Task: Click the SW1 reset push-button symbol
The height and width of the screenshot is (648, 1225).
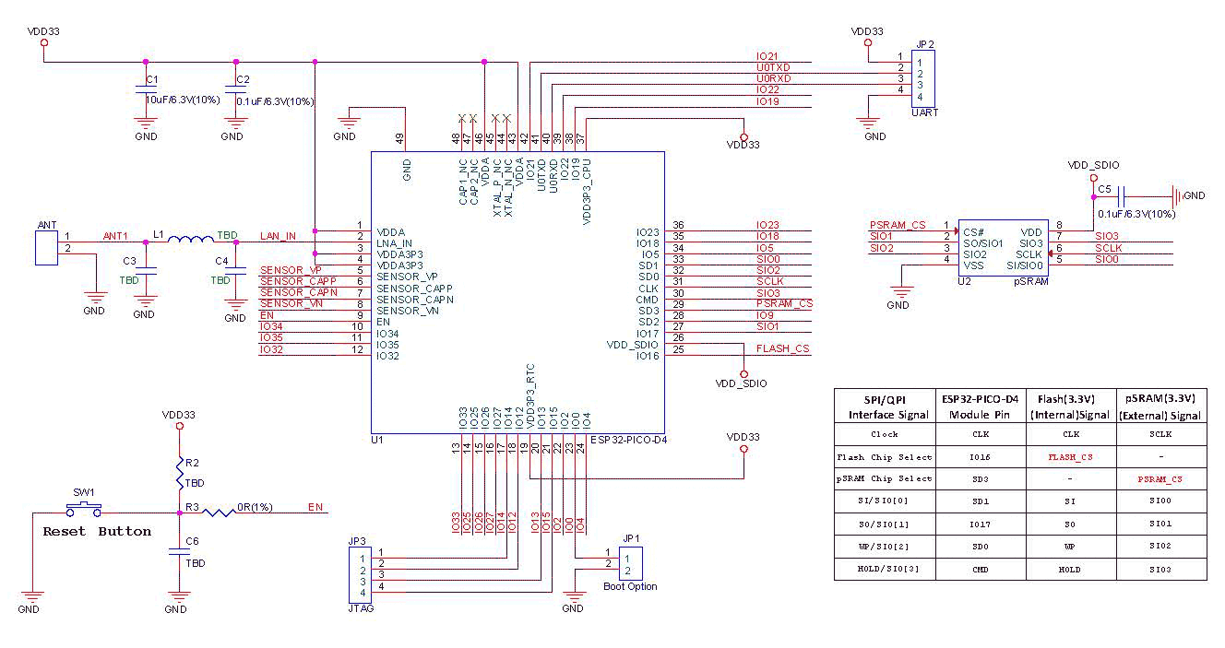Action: pyautogui.click(x=83, y=508)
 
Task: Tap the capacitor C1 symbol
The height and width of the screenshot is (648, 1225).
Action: pyautogui.click(x=143, y=90)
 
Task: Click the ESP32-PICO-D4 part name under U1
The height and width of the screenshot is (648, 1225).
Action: pyautogui.click(x=628, y=440)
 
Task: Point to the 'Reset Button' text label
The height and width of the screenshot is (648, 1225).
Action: pyautogui.click(x=97, y=532)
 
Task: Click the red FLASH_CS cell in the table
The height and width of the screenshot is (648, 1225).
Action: pyautogui.click(x=1070, y=456)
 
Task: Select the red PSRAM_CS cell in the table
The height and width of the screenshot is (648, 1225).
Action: pyautogui.click(x=1160, y=479)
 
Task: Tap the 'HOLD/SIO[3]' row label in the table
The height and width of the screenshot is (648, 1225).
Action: pyautogui.click(x=885, y=569)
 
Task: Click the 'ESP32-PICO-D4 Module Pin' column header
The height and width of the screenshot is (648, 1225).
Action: pyautogui.click(x=980, y=406)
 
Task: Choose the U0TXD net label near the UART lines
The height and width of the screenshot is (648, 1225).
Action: pyautogui.click(x=772, y=67)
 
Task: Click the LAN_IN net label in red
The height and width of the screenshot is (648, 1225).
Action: pyautogui.click(x=278, y=236)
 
